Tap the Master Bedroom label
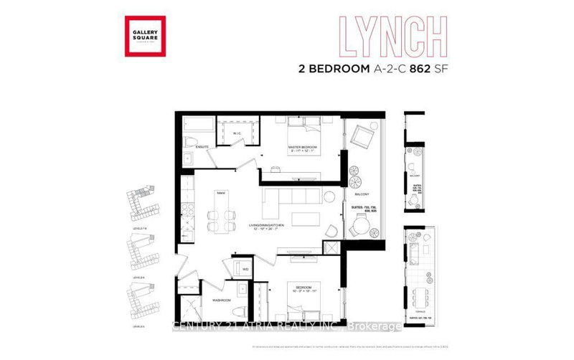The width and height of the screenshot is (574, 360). [304, 149]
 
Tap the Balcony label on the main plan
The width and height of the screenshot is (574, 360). [361, 194]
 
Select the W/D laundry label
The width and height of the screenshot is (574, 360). [245, 270]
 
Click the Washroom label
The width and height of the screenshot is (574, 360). [220, 300]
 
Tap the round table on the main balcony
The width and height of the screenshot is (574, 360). [358, 228]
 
